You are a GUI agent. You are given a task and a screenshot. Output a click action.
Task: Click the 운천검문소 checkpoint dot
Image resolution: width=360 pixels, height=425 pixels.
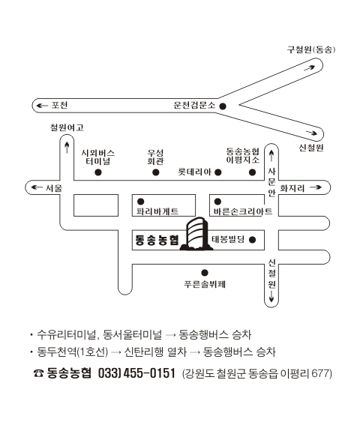[223, 106]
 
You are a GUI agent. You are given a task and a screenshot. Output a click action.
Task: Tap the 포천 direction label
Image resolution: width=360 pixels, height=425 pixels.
[60, 105]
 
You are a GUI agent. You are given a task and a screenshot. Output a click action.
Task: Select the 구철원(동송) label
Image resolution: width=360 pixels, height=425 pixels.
[311, 49]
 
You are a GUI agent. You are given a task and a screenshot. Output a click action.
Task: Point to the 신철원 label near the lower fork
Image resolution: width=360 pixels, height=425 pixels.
[311, 148]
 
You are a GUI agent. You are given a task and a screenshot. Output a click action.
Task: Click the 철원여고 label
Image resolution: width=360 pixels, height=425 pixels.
[67, 127]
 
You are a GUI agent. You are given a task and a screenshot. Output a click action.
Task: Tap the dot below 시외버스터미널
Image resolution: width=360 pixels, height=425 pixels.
[98, 172]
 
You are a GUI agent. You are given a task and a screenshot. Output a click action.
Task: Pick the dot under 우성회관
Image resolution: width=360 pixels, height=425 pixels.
[156, 172]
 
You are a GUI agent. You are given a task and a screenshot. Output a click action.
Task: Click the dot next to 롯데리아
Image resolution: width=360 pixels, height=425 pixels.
[218, 172]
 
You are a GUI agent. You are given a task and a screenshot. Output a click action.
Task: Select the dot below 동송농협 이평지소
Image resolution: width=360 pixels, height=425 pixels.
[252, 172]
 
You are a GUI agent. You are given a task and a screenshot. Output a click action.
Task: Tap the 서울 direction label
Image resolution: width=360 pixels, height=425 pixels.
[54, 187]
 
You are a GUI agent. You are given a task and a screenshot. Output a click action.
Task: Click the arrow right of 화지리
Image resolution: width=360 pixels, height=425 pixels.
[316, 187]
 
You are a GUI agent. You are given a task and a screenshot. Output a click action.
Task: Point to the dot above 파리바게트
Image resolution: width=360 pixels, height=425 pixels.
[140, 202]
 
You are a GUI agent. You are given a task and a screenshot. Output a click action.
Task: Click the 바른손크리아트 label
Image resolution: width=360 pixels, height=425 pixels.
[243, 211]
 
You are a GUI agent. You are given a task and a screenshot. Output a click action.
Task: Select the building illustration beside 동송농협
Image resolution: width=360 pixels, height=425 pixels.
[196, 234]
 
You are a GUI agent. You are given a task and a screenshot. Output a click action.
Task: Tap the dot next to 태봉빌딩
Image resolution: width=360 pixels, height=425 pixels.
[252, 240]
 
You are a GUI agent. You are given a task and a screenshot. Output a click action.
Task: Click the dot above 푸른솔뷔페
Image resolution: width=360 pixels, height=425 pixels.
[205, 273]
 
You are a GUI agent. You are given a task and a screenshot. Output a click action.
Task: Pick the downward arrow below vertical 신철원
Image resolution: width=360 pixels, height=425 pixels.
[271, 296]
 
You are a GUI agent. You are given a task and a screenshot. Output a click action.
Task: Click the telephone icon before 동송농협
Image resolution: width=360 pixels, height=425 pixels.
[38, 373]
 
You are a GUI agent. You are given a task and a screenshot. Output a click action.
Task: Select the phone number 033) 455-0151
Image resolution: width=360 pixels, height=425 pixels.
[136, 373]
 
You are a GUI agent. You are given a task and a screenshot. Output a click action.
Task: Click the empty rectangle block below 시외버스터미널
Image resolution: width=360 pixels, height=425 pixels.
[96, 205]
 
